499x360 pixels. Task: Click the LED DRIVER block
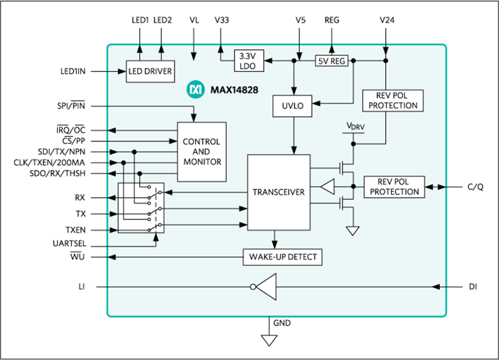click(150, 71)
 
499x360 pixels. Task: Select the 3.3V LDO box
click(249, 61)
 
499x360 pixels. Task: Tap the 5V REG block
click(332, 61)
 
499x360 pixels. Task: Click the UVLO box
click(292, 106)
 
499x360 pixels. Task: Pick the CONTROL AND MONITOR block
click(202, 151)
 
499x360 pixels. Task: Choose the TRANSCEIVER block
click(278, 192)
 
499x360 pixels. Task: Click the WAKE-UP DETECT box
click(282, 257)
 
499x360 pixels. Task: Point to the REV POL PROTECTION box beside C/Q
click(394, 187)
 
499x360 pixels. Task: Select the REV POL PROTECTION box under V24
click(392, 101)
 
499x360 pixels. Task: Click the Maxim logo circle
click(195, 89)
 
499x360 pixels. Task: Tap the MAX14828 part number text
click(235, 90)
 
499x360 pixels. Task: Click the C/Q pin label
click(475, 187)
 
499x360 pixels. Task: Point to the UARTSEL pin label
click(69, 244)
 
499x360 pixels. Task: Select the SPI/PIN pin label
click(71, 105)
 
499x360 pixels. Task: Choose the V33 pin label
click(221, 20)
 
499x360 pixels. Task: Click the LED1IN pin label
click(73, 71)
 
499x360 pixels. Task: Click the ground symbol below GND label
click(269, 340)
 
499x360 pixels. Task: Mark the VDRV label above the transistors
click(355, 126)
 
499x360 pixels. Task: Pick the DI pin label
click(473, 287)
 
